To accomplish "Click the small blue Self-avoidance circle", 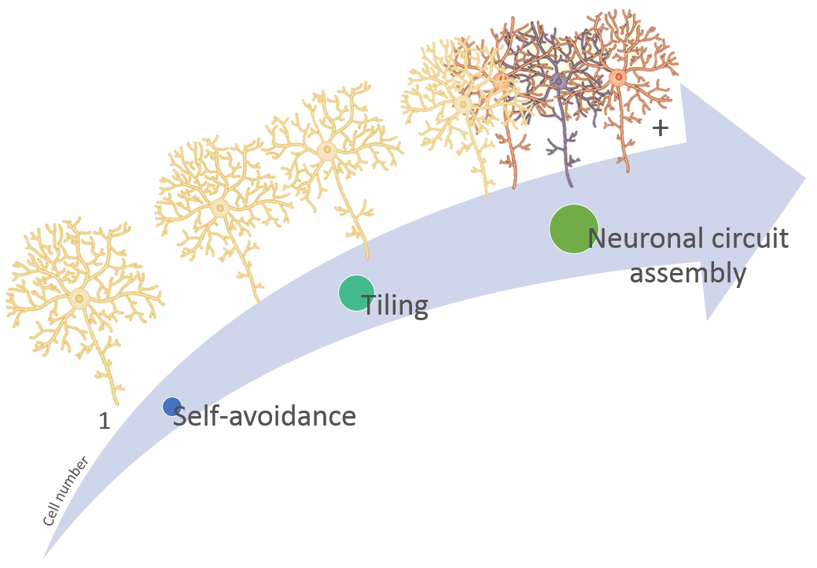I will tap(172, 406).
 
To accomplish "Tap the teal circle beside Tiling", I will tap(356, 293).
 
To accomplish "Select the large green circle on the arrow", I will tap(573, 229).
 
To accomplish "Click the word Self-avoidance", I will tap(264, 415).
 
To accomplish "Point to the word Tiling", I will tap(395, 304).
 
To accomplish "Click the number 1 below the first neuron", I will tap(105, 422).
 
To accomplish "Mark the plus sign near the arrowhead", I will tap(661, 127).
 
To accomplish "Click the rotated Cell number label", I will tap(65, 492).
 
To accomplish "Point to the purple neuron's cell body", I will tap(559, 81).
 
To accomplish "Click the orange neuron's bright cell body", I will tap(618, 77).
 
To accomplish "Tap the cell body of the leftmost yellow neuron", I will tap(79, 298).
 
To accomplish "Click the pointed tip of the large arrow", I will tap(804, 178).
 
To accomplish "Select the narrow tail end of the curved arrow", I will tap(46, 555).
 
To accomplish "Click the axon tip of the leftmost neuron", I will tap(119, 402).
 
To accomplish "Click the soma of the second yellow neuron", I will tap(220, 208).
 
